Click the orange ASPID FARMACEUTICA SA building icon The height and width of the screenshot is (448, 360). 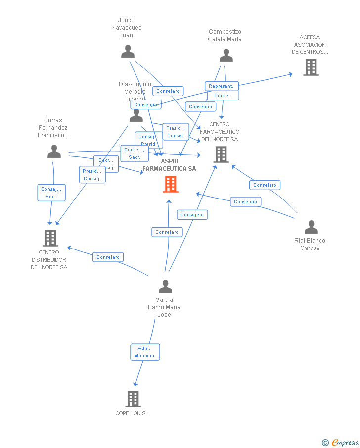click(x=171, y=184)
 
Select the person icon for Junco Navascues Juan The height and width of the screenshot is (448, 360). click(x=128, y=51)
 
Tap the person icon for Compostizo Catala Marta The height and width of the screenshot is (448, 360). click(x=226, y=55)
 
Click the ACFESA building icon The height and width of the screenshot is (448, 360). click(x=311, y=67)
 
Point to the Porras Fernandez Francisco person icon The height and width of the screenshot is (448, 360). click(x=54, y=151)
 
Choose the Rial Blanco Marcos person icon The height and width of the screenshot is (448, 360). click(x=311, y=227)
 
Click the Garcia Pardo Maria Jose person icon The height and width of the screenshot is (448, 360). click(x=165, y=287)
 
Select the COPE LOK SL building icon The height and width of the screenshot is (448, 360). click(x=133, y=398)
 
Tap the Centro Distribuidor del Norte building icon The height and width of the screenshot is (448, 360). click(x=50, y=238)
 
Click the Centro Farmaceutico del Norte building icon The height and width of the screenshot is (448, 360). click(x=221, y=154)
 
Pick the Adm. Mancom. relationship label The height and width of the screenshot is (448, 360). click(x=145, y=352)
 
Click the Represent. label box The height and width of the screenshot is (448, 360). click(x=222, y=86)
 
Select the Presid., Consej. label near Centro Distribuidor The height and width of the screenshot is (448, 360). click(x=92, y=175)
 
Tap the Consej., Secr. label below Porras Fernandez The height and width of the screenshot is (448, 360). click(x=51, y=193)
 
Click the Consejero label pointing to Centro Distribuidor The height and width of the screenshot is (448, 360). click(x=108, y=257)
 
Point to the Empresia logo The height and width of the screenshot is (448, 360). click(x=341, y=442)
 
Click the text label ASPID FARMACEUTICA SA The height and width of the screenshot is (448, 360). click(x=169, y=165)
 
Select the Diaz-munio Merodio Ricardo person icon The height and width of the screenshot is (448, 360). click(x=136, y=116)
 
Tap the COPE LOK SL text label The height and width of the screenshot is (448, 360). click(x=132, y=413)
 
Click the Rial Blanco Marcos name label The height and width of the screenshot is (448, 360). click(x=310, y=244)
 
